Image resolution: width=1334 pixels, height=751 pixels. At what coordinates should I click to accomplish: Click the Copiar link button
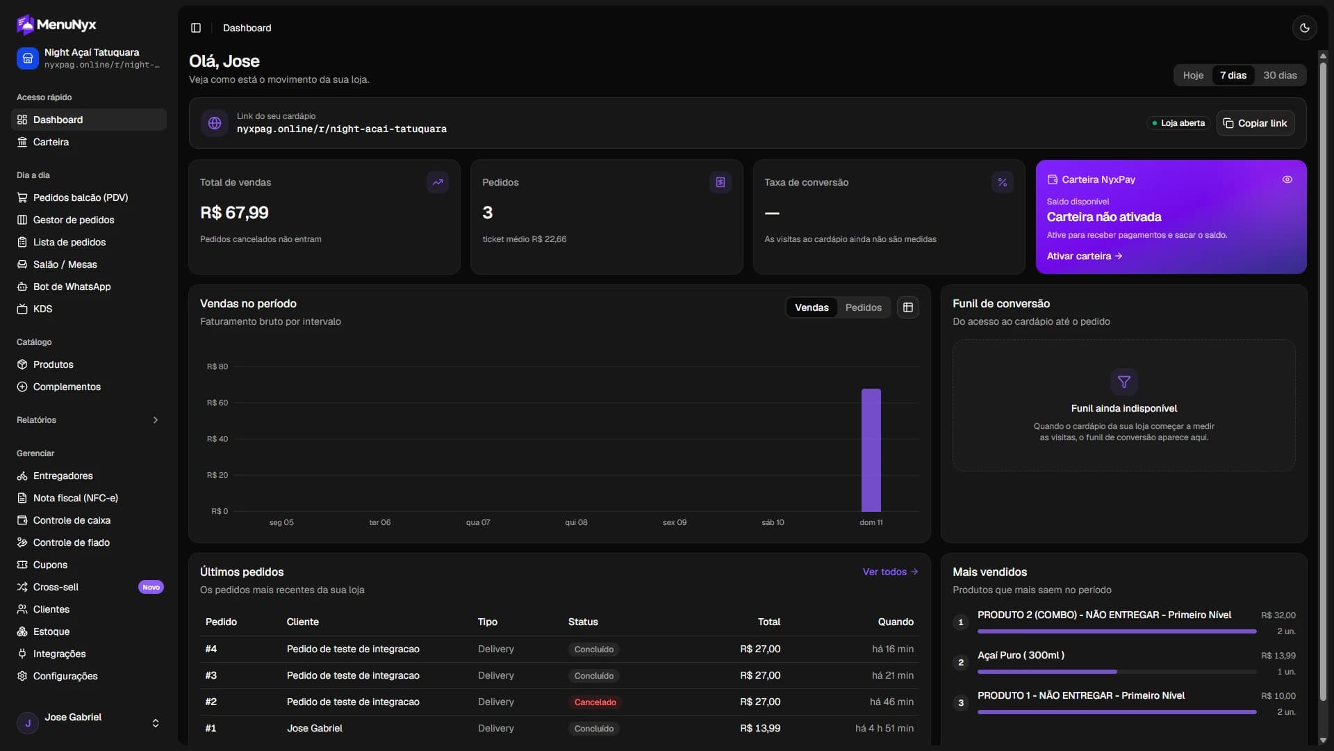click(x=1255, y=123)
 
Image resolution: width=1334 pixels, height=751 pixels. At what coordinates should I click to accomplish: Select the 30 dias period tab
click(x=1280, y=75)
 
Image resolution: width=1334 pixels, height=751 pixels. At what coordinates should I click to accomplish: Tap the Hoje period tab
click(x=1193, y=75)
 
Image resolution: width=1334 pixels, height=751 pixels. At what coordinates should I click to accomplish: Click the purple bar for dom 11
click(x=871, y=450)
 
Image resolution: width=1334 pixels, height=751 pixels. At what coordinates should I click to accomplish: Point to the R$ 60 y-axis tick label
click(x=217, y=403)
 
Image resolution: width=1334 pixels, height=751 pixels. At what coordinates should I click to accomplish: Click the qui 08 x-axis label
click(x=576, y=522)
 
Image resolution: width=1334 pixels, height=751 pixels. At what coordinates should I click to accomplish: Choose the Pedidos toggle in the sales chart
click(x=863, y=307)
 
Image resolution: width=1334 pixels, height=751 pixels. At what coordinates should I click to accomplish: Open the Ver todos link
click(x=890, y=572)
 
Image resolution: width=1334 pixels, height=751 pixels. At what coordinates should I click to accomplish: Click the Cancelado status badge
click(x=595, y=702)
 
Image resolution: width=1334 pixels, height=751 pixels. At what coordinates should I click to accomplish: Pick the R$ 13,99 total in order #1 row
click(x=760, y=728)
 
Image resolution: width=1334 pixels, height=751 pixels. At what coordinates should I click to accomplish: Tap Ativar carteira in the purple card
click(x=1084, y=256)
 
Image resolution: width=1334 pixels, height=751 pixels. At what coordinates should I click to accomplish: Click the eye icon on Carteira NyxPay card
click(x=1287, y=179)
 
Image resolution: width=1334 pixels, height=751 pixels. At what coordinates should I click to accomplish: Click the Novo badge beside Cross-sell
click(x=151, y=587)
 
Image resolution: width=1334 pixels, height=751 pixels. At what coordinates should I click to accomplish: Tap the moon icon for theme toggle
click(x=1304, y=28)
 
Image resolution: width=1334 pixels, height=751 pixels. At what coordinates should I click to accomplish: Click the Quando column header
click(x=896, y=622)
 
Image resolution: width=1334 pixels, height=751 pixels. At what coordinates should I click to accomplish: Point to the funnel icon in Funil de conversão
click(x=1123, y=382)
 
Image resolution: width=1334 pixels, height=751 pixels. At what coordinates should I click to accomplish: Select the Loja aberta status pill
click(x=1178, y=123)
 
